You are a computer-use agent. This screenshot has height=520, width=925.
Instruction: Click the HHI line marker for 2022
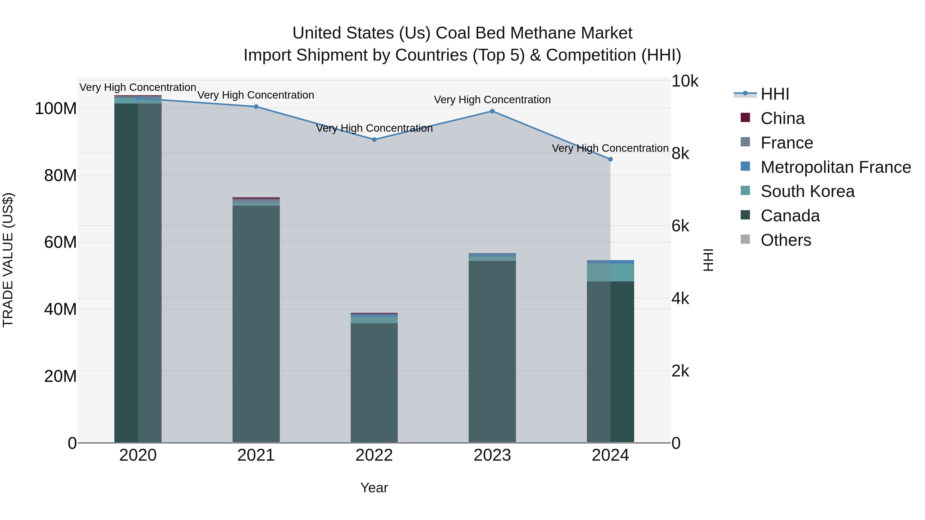coord(374,140)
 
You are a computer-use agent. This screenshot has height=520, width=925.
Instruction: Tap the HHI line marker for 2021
coord(256,107)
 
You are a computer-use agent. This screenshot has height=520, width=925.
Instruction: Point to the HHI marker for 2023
coord(492,111)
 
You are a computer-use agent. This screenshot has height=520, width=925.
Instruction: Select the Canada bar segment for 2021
coord(256,323)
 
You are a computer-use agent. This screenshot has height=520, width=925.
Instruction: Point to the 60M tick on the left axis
coord(60,242)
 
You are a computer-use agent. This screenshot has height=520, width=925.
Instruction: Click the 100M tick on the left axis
coord(56,108)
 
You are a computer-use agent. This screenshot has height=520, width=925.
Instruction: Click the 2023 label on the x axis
coord(492,455)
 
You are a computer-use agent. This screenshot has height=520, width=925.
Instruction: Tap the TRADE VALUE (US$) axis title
coord(8,260)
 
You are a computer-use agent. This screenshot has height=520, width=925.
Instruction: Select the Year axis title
coord(374,488)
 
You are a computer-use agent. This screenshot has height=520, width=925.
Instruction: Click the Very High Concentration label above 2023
coord(492,100)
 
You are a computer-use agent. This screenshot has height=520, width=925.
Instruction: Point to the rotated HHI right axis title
coord(708,260)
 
